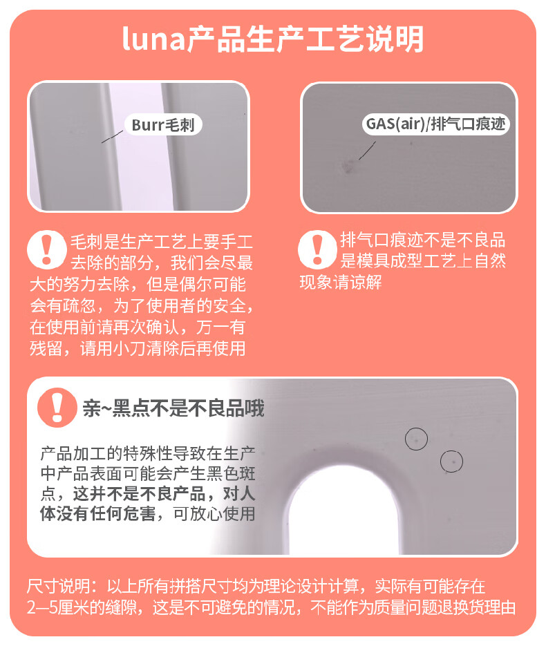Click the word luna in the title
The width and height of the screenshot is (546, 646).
(153, 39)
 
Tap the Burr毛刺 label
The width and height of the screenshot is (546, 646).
(163, 124)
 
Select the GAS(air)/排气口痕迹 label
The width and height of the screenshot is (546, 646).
(435, 124)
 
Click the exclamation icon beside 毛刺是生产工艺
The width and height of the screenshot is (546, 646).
(46, 249)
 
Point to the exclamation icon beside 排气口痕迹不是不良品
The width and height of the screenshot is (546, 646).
(317, 249)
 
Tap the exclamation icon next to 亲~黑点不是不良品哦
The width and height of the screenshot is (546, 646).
(57, 407)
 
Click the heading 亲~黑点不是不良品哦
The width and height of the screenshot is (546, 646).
(173, 408)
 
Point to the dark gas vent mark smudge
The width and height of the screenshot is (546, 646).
(348, 166)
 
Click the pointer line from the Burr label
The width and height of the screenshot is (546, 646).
(112, 137)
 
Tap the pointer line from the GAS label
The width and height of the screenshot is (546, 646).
(367, 151)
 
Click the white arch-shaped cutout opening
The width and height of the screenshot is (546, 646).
(342, 510)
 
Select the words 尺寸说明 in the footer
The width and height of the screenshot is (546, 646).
(58, 587)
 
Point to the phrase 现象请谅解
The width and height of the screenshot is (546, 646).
(341, 282)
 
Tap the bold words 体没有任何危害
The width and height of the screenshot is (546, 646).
(97, 514)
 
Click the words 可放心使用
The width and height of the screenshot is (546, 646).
(214, 514)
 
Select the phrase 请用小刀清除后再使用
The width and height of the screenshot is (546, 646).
(163, 348)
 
